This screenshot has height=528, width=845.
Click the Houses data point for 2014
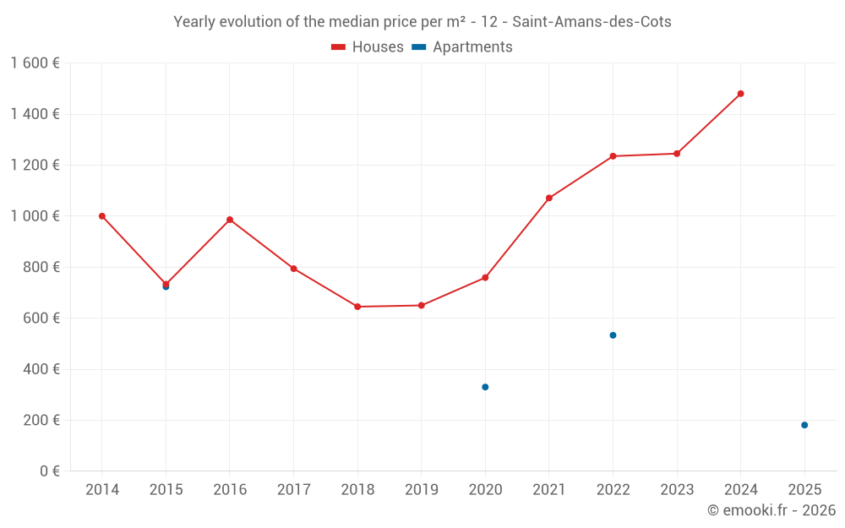click(x=102, y=216)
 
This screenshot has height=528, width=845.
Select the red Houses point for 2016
click(x=230, y=220)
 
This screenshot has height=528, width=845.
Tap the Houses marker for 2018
click(x=357, y=307)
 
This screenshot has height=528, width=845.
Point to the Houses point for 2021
click(x=549, y=198)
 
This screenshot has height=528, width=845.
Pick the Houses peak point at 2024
click(x=741, y=94)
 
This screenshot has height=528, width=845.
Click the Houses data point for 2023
click(x=677, y=154)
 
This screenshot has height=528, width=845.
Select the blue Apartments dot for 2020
click(x=485, y=387)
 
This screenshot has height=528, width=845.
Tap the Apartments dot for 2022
click(x=613, y=335)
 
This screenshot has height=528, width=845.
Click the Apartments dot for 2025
click(x=804, y=425)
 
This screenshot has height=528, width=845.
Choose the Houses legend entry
click(x=368, y=47)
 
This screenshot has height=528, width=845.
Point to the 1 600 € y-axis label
click(x=35, y=63)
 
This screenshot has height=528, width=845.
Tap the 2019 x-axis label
click(x=422, y=490)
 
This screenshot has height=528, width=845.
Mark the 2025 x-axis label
click(x=804, y=490)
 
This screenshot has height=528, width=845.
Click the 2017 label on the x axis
click(x=293, y=490)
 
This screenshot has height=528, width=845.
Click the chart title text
click(x=422, y=22)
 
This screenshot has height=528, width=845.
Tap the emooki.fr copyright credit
click(x=771, y=510)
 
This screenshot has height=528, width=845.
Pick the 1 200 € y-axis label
click(x=35, y=166)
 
